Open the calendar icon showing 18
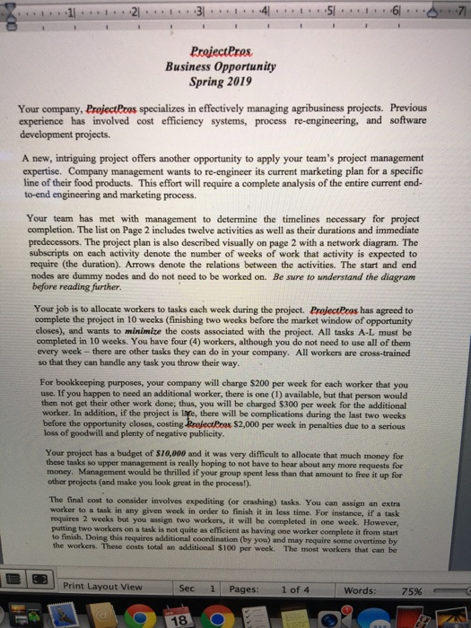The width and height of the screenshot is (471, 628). pos(179,618)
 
